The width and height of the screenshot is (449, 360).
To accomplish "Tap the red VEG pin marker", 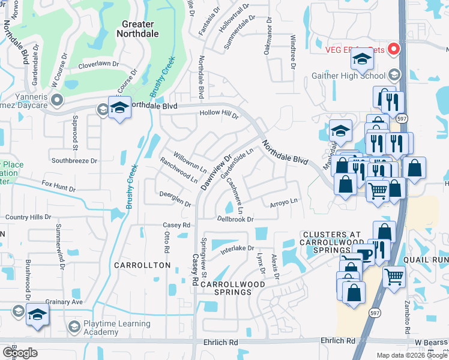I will point(394,49).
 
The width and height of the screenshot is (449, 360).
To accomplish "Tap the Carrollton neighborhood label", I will point(143,265).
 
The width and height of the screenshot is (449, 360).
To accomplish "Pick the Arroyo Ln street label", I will point(283,202).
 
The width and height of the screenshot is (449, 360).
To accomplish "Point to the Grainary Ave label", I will point(68,302).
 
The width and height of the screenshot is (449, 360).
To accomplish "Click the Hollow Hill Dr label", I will point(219,113).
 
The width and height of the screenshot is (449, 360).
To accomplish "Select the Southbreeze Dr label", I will point(74,161).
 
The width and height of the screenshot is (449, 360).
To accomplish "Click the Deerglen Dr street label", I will point(175,200).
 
